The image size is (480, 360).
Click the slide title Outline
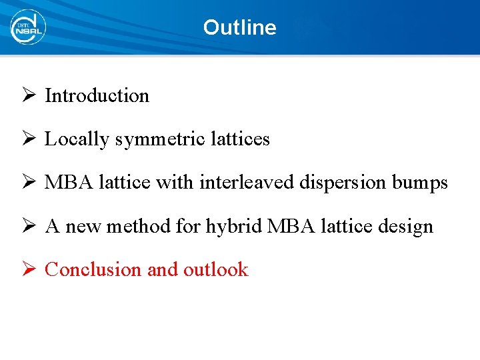point(239,27)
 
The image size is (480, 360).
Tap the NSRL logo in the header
point(27,27)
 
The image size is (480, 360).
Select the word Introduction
point(97,95)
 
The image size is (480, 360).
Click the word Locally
point(76,139)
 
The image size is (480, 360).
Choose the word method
point(138,226)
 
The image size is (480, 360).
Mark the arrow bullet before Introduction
point(29,95)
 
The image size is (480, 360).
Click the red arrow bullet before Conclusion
point(29,269)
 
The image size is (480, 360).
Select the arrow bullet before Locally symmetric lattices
point(29,139)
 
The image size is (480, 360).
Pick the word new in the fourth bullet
point(82,227)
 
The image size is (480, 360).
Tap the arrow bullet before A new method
point(29,226)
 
